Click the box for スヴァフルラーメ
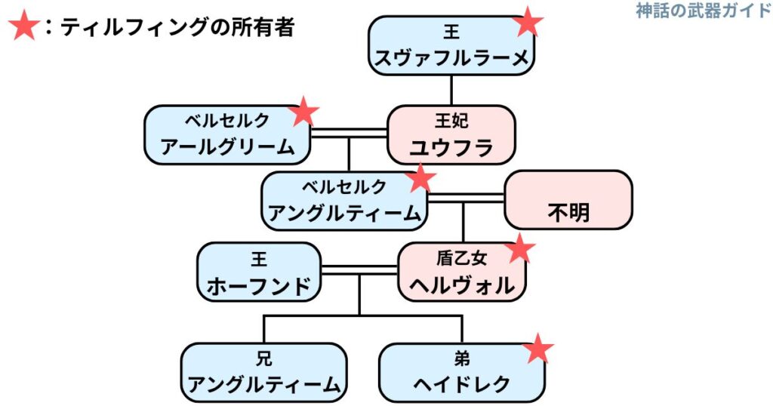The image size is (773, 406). tap(451, 46)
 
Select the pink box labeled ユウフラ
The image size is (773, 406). tap(451, 134)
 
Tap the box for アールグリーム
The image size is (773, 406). tap(227, 134)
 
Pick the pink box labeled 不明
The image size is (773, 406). tap(568, 200)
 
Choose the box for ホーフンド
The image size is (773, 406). tap(259, 272)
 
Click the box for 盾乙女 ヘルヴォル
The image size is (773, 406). tap(461, 272)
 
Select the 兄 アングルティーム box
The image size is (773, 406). tap(263, 372)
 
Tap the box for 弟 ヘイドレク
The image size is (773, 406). tap(461, 372)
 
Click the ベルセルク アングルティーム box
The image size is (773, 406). tap(344, 200)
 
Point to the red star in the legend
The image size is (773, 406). tap(23, 29)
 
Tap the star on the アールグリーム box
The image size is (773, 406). tap(303, 112)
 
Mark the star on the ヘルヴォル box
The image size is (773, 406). tap(519, 248)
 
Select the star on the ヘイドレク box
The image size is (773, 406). tap(538, 349)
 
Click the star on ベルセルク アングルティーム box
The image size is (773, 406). tap(420, 178)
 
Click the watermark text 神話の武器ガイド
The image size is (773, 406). tap(703, 11)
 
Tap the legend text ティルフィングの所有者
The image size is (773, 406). tap(177, 28)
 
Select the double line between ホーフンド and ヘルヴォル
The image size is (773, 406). tap(359, 269)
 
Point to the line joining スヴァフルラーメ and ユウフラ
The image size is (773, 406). tap(451, 90)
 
